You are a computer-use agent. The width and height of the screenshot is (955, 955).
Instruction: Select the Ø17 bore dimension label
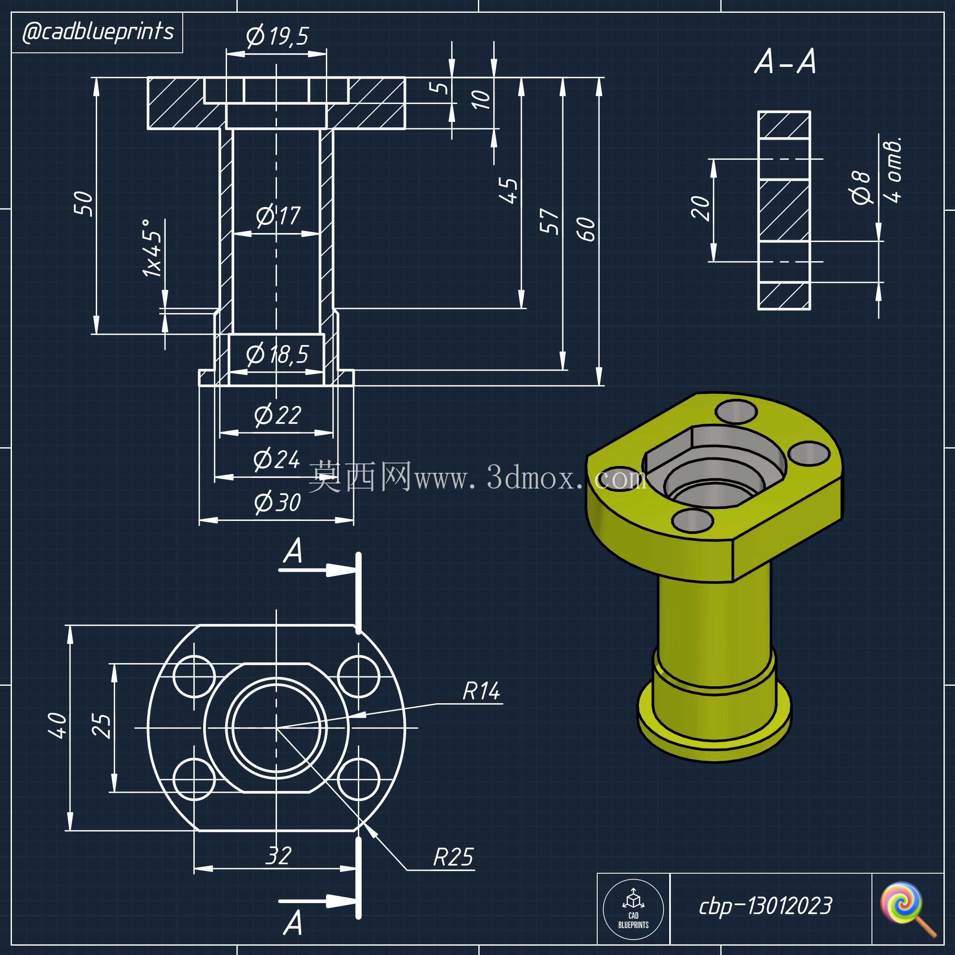(278, 216)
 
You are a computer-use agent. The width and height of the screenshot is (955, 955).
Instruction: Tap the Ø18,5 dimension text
(277, 354)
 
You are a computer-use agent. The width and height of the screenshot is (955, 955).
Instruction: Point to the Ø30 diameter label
(277, 502)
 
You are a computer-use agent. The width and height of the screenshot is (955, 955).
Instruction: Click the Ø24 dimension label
(277, 459)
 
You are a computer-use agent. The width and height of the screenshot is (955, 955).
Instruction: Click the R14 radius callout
(481, 691)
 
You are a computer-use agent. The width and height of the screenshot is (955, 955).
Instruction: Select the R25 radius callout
(453, 857)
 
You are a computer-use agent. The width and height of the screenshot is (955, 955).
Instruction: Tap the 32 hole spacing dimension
(278, 856)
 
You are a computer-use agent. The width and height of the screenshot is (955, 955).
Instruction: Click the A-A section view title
(785, 62)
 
